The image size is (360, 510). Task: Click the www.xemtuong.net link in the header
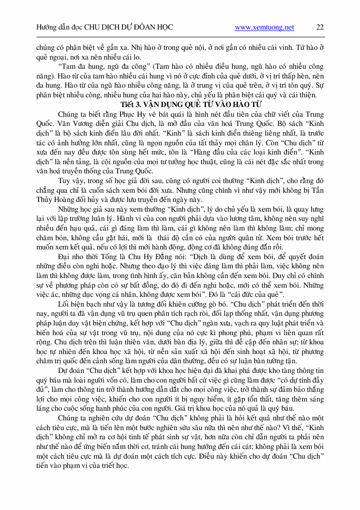tap(264, 28)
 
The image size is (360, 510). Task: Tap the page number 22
tap(320, 28)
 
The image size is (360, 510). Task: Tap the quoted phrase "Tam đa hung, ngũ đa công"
tap(97, 67)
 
